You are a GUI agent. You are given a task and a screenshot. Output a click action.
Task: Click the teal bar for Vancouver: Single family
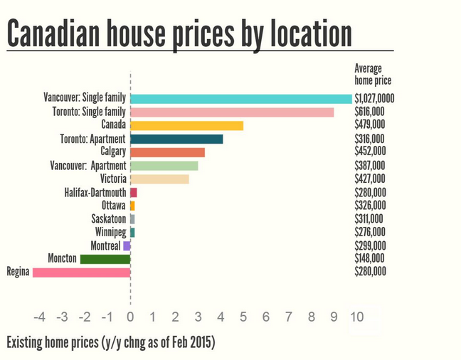(x=241, y=99)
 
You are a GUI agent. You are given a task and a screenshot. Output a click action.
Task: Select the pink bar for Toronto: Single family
(x=232, y=112)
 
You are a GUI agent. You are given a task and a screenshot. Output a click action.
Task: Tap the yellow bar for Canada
(x=187, y=125)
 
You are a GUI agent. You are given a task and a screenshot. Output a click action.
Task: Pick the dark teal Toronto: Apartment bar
(x=176, y=139)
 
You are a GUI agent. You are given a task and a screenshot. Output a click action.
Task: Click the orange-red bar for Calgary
(x=167, y=152)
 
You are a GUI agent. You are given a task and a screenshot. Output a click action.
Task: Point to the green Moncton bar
(x=105, y=259)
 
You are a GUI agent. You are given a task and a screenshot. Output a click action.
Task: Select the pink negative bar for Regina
(x=82, y=272)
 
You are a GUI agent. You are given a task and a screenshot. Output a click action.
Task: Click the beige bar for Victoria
(x=159, y=179)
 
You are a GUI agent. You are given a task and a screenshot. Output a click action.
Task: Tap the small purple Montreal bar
(x=127, y=245)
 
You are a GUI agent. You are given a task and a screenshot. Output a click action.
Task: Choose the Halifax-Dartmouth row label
(x=95, y=192)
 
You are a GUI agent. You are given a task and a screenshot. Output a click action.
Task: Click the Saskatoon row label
(x=108, y=219)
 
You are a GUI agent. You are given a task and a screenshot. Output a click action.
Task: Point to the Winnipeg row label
(x=110, y=232)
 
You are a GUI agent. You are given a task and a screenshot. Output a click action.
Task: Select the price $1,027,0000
(x=374, y=99)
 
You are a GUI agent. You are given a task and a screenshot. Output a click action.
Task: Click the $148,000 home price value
(x=370, y=258)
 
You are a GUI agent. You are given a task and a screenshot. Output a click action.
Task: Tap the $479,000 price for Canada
(x=370, y=125)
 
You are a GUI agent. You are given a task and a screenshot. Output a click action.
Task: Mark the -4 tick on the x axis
(x=39, y=317)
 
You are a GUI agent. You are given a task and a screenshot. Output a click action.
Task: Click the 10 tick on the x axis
(x=357, y=317)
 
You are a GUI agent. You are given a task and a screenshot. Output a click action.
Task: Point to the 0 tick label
(x=130, y=317)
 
